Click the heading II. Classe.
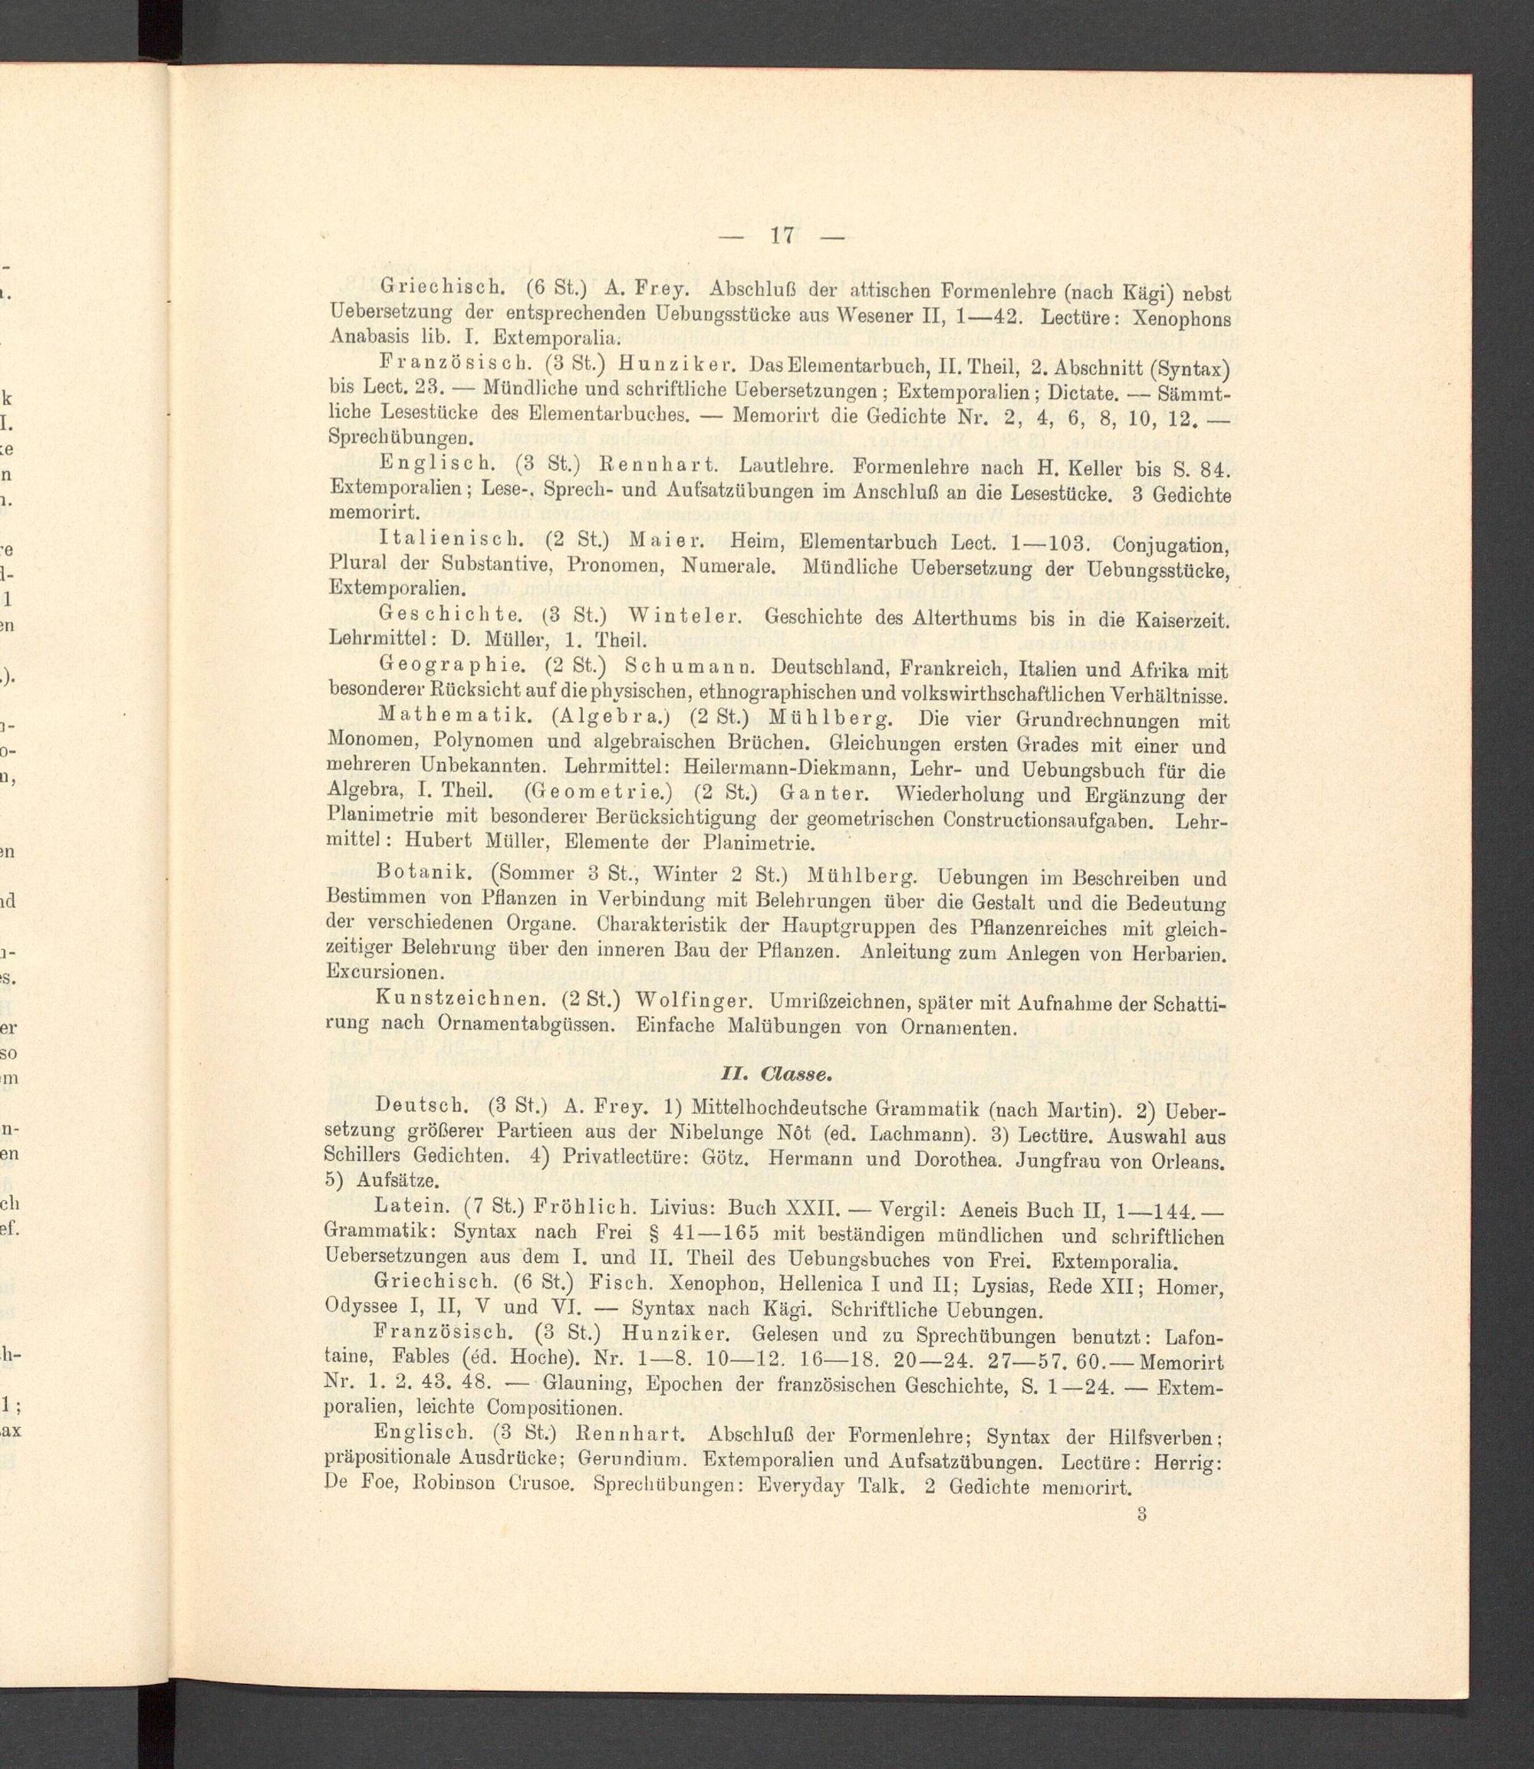pyautogui.click(x=775, y=1070)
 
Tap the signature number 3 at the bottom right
pyautogui.click(x=1142, y=1513)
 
